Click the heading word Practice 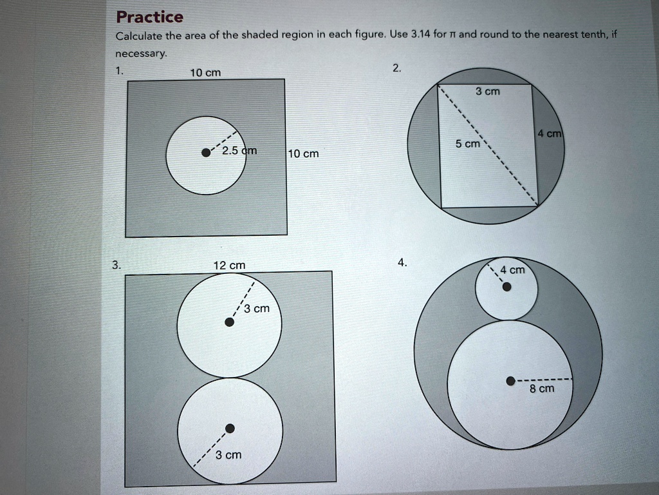click(x=150, y=17)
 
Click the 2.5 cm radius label click(x=239, y=151)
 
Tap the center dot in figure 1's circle click(x=205, y=153)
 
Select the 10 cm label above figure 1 click(x=206, y=73)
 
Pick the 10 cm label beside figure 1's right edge click(x=303, y=154)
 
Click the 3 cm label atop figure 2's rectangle click(x=487, y=92)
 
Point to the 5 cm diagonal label click(x=467, y=144)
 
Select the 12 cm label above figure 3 click(x=230, y=266)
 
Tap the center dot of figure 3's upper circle click(x=230, y=323)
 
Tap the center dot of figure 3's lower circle click(x=230, y=428)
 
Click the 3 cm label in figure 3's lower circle click(x=228, y=455)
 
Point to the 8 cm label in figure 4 click(x=542, y=389)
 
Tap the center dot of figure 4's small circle click(x=507, y=287)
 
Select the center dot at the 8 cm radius click(x=510, y=380)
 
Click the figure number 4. click(x=402, y=262)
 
